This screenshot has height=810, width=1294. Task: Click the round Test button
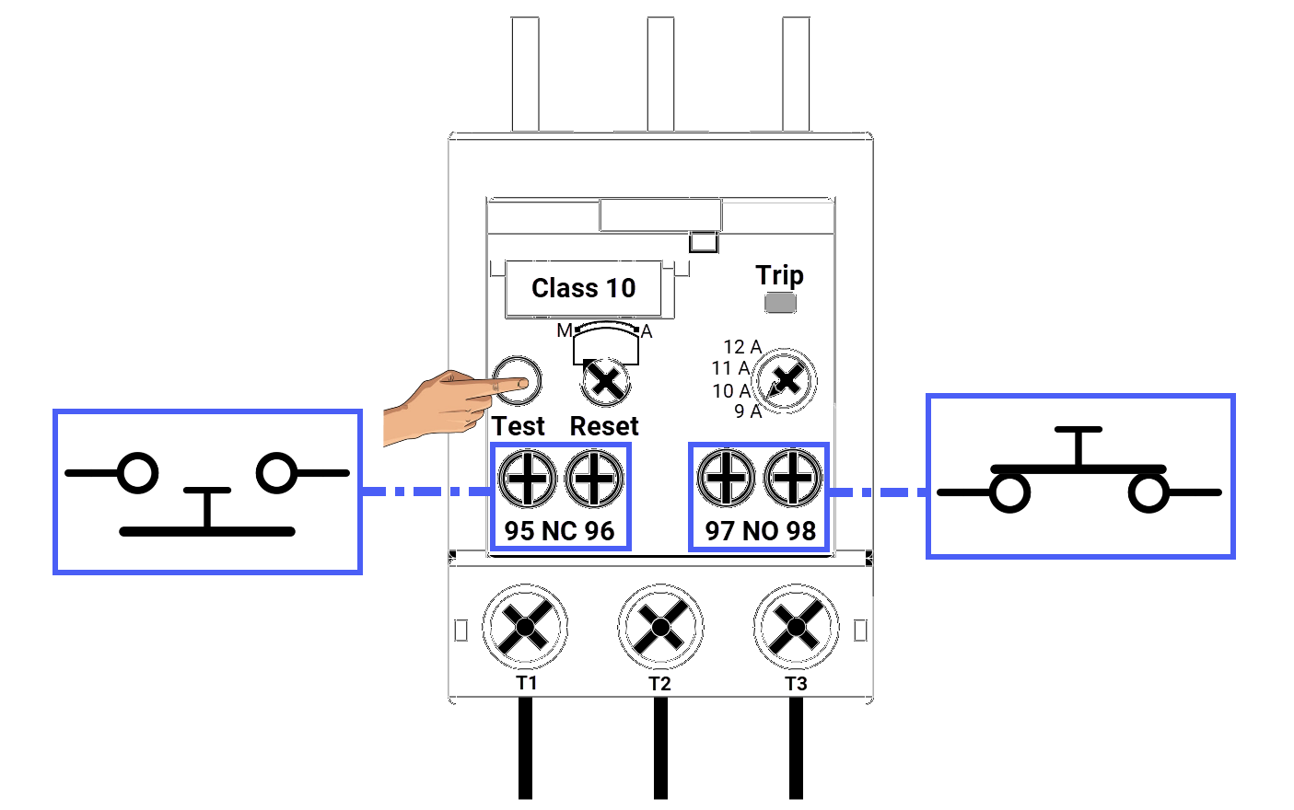[x=517, y=380]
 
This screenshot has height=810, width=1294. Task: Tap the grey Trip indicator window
[x=780, y=303]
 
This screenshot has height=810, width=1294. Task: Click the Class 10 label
[x=583, y=289]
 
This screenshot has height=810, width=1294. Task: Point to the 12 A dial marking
[x=742, y=347]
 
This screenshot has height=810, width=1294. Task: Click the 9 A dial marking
[x=748, y=411]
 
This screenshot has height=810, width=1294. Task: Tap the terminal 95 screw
[x=527, y=479]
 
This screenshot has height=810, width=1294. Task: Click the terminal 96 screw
[x=594, y=479]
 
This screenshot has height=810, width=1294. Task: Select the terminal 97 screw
[x=727, y=479]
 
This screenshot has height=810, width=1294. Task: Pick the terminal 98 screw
[x=793, y=479]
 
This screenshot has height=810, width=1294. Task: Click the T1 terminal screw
[x=525, y=628]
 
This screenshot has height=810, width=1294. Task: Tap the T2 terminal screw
[x=660, y=628]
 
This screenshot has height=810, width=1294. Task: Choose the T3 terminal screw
[x=796, y=628]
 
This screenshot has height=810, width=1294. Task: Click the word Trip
[x=779, y=275]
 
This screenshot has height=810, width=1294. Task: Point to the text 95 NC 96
[x=559, y=531]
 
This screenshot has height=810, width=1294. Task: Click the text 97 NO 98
[x=761, y=531]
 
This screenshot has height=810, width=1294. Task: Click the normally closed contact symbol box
[x=207, y=492]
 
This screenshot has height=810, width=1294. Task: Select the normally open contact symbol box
[x=1079, y=476]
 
